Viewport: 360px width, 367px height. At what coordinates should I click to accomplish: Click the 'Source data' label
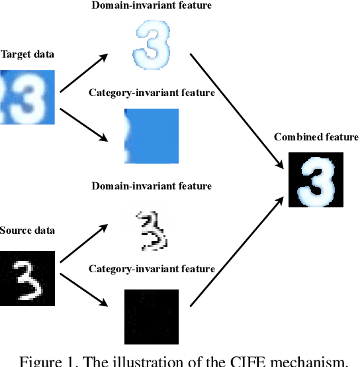point(27,231)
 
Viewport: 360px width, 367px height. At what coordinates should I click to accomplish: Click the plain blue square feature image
point(152,136)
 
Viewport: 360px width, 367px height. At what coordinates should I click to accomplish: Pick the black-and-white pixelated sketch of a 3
point(152,231)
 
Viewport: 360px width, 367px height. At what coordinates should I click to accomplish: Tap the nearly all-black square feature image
point(152,316)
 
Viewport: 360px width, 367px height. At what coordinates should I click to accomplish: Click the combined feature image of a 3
point(316,180)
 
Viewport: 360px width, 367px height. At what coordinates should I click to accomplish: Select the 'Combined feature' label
point(316,137)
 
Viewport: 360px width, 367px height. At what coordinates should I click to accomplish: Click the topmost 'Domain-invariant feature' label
point(152,6)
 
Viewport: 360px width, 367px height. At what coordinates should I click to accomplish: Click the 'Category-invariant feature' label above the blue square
point(152,93)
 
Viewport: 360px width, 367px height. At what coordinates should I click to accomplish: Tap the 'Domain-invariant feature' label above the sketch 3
point(152,186)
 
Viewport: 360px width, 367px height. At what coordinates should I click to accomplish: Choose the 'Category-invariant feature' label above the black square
point(152,268)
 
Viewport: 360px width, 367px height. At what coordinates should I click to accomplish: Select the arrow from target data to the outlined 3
point(83,73)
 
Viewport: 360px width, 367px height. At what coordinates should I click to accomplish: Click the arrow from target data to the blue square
point(83,125)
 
